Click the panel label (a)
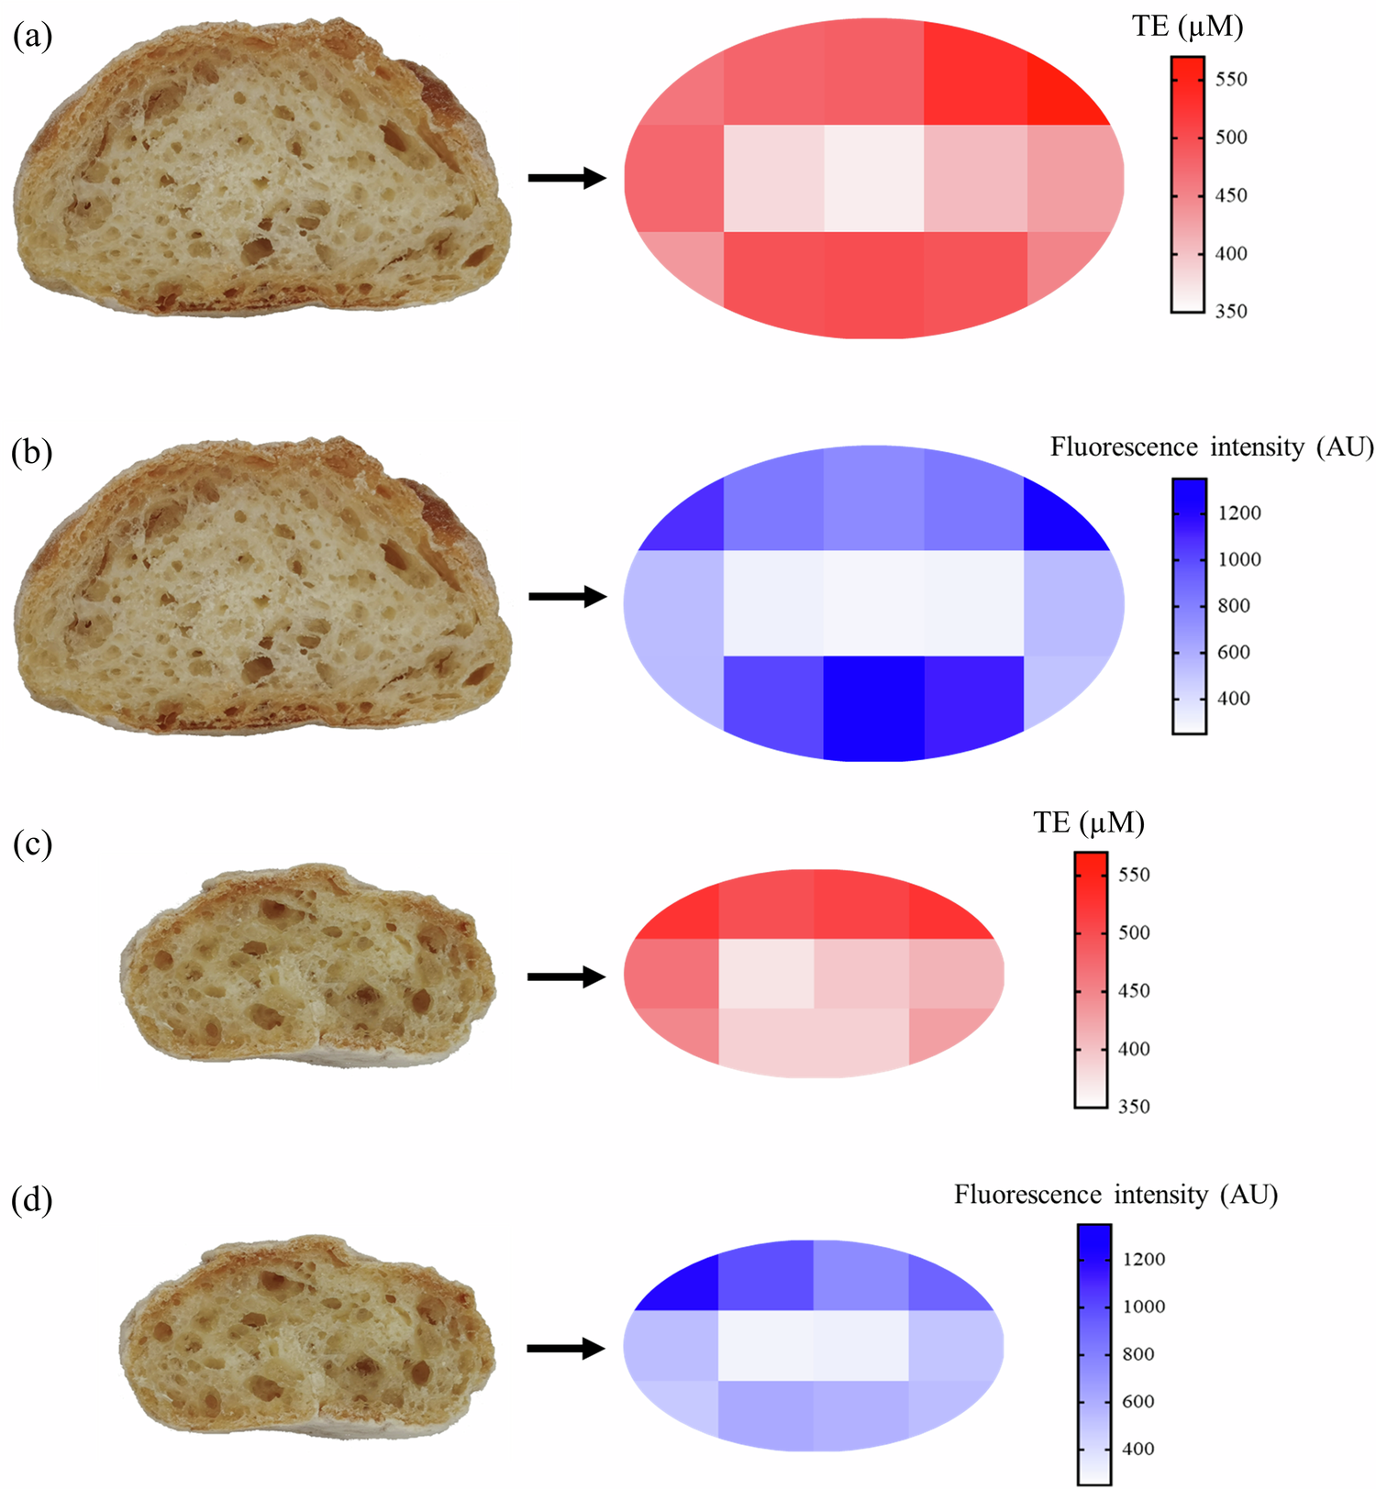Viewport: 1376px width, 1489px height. pos(32,37)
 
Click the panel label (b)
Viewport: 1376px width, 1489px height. pos(32,452)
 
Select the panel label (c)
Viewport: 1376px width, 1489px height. pos(32,844)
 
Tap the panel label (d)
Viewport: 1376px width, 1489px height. pos(32,1199)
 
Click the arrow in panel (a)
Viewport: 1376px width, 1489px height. pos(567,178)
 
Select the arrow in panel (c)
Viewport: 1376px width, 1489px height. pos(566,976)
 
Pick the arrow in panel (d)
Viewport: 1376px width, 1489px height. pos(566,1349)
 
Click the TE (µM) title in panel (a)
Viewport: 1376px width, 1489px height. pos(1187,27)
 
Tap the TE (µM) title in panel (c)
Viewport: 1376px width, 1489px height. pos(1089,822)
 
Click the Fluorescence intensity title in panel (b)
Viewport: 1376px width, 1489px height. pos(1212,447)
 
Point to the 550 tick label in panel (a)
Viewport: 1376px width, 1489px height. pos(1231,80)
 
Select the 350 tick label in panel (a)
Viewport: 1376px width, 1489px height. pos(1231,312)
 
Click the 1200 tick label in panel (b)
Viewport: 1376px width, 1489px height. pos(1239,513)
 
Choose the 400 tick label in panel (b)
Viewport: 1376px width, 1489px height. pos(1234,699)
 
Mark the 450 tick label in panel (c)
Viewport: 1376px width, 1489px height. pos(1134,991)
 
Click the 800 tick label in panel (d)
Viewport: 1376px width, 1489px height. pos(1138,1354)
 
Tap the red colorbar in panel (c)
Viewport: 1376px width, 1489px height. pos(1091,979)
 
